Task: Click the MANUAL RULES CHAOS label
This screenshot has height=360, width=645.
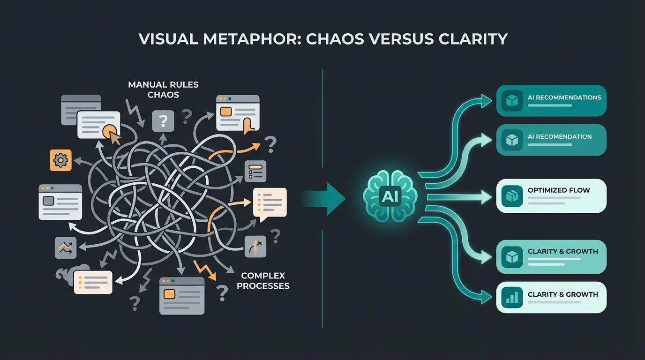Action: point(163,90)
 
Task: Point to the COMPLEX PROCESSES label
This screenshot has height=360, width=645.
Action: point(263,280)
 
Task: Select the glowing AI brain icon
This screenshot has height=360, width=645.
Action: point(390,197)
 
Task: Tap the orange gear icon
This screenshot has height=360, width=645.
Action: point(60,160)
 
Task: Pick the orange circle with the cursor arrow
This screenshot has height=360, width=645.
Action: point(111,131)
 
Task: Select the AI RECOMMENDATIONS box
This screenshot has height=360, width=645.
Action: point(551,100)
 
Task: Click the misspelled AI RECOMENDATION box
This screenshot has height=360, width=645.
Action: point(551,140)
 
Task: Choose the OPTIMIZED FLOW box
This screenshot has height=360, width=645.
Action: point(551,195)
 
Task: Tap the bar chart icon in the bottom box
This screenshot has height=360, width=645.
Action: point(512,297)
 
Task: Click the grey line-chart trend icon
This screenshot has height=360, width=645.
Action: point(65,247)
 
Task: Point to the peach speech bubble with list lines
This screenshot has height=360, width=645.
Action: point(270,202)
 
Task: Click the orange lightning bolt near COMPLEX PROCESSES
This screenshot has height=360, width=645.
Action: point(204,270)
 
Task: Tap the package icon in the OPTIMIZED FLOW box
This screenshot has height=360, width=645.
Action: point(512,195)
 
